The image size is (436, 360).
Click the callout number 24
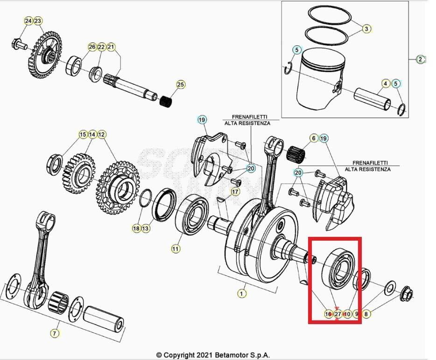(x=28, y=21)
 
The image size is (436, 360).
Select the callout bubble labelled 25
(x=181, y=84)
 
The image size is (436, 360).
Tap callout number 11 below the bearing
(x=175, y=249)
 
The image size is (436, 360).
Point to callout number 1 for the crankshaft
(x=241, y=293)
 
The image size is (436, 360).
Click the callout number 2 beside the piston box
(x=421, y=59)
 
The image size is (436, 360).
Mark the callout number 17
(x=235, y=192)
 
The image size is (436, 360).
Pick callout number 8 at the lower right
(x=366, y=314)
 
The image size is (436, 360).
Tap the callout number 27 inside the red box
(x=338, y=314)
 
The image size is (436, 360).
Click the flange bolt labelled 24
(x=18, y=45)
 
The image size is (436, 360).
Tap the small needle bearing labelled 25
(x=166, y=100)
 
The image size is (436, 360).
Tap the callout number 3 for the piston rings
(x=366, y=29)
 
